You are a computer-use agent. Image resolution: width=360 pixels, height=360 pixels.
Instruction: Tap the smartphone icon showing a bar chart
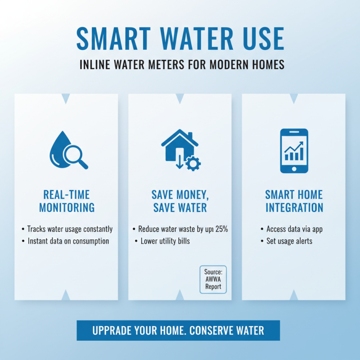tap(294, 151)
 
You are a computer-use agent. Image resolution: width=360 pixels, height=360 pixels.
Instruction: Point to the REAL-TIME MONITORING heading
tap(67, 201)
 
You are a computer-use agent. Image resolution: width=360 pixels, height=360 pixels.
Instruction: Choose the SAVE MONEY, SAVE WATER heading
tap(180, 201)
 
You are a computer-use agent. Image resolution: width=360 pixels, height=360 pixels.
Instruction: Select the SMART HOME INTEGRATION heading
tap(294, 201)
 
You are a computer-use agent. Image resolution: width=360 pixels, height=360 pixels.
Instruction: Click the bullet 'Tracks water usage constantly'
tap(69, 229)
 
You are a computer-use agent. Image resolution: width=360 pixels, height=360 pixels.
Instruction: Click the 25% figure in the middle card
tap(221, 229)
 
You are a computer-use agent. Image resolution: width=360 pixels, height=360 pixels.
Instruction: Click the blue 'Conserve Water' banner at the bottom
tap(178, 331)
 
